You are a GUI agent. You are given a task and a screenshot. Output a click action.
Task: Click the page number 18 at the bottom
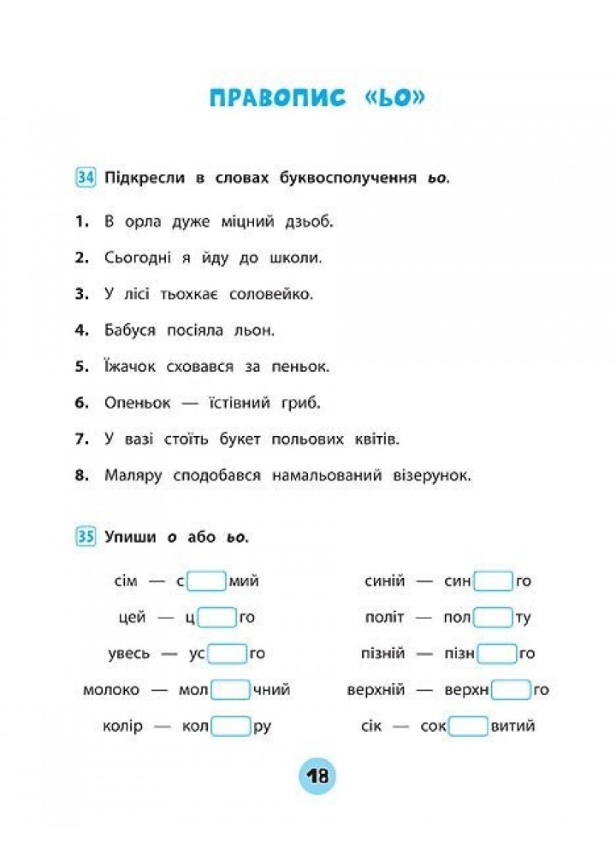[317, 776]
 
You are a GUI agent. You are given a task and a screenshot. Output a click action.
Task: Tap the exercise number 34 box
[85, 178]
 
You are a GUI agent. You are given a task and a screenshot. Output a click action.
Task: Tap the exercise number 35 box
[85, 537]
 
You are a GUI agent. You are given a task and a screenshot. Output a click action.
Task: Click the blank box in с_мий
[206, 581]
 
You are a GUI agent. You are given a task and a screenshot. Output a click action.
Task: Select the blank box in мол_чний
[230, 690]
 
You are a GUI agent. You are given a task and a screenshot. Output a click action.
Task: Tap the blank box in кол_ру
[230, 727]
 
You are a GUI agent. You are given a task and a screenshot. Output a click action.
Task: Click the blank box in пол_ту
[493, 617]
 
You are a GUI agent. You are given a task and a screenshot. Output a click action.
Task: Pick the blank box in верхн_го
[512, 690]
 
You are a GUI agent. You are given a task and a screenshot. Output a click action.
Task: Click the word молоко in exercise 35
[111, 690]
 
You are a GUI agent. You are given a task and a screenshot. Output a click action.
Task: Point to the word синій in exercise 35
[384, 581]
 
